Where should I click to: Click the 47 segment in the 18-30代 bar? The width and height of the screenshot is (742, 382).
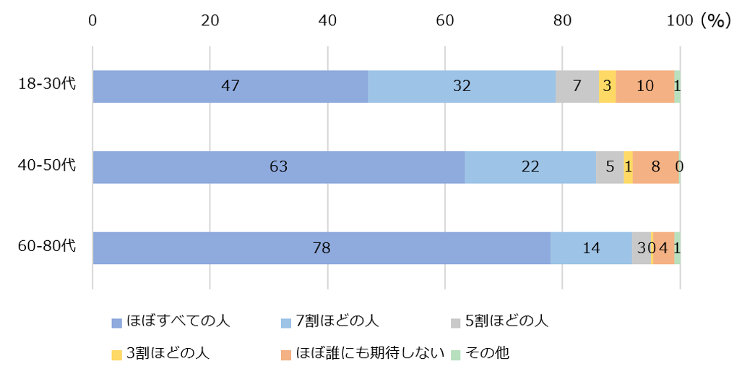pos(230,86)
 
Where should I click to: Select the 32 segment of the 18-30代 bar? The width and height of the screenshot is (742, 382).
pos(462,86)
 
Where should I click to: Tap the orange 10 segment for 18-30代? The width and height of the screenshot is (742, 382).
pos(645,86)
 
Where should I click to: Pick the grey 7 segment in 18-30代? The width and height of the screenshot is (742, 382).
pos(577,86)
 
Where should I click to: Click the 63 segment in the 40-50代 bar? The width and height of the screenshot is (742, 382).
pos(278,167)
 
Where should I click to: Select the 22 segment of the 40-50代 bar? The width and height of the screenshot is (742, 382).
pos(530,167)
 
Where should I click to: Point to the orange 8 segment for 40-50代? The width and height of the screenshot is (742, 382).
pos(655,167)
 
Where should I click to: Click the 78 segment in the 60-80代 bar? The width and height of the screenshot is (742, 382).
pos(322,248)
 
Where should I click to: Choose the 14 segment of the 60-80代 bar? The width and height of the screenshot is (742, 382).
pos(591,248)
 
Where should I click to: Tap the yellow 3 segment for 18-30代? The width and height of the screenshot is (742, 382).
pos(607,86)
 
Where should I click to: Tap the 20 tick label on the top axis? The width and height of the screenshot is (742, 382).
pos(210,21)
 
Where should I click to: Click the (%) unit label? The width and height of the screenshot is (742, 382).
pos(715,21)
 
